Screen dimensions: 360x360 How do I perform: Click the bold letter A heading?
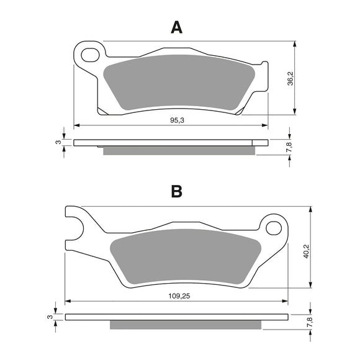coord(176,27)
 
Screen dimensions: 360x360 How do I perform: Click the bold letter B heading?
coord(176,191)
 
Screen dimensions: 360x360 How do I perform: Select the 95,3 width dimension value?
coord(177,120)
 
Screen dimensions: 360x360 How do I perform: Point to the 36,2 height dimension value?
coord(290,78)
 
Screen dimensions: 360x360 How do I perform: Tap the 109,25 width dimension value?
coord(179,296)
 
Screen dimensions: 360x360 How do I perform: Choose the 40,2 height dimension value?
coord(307,251)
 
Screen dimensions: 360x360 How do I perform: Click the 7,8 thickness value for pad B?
coord(310,322)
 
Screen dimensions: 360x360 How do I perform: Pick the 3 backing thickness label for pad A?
coord(58,142)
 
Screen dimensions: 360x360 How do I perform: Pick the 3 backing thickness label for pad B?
coord(50,317)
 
